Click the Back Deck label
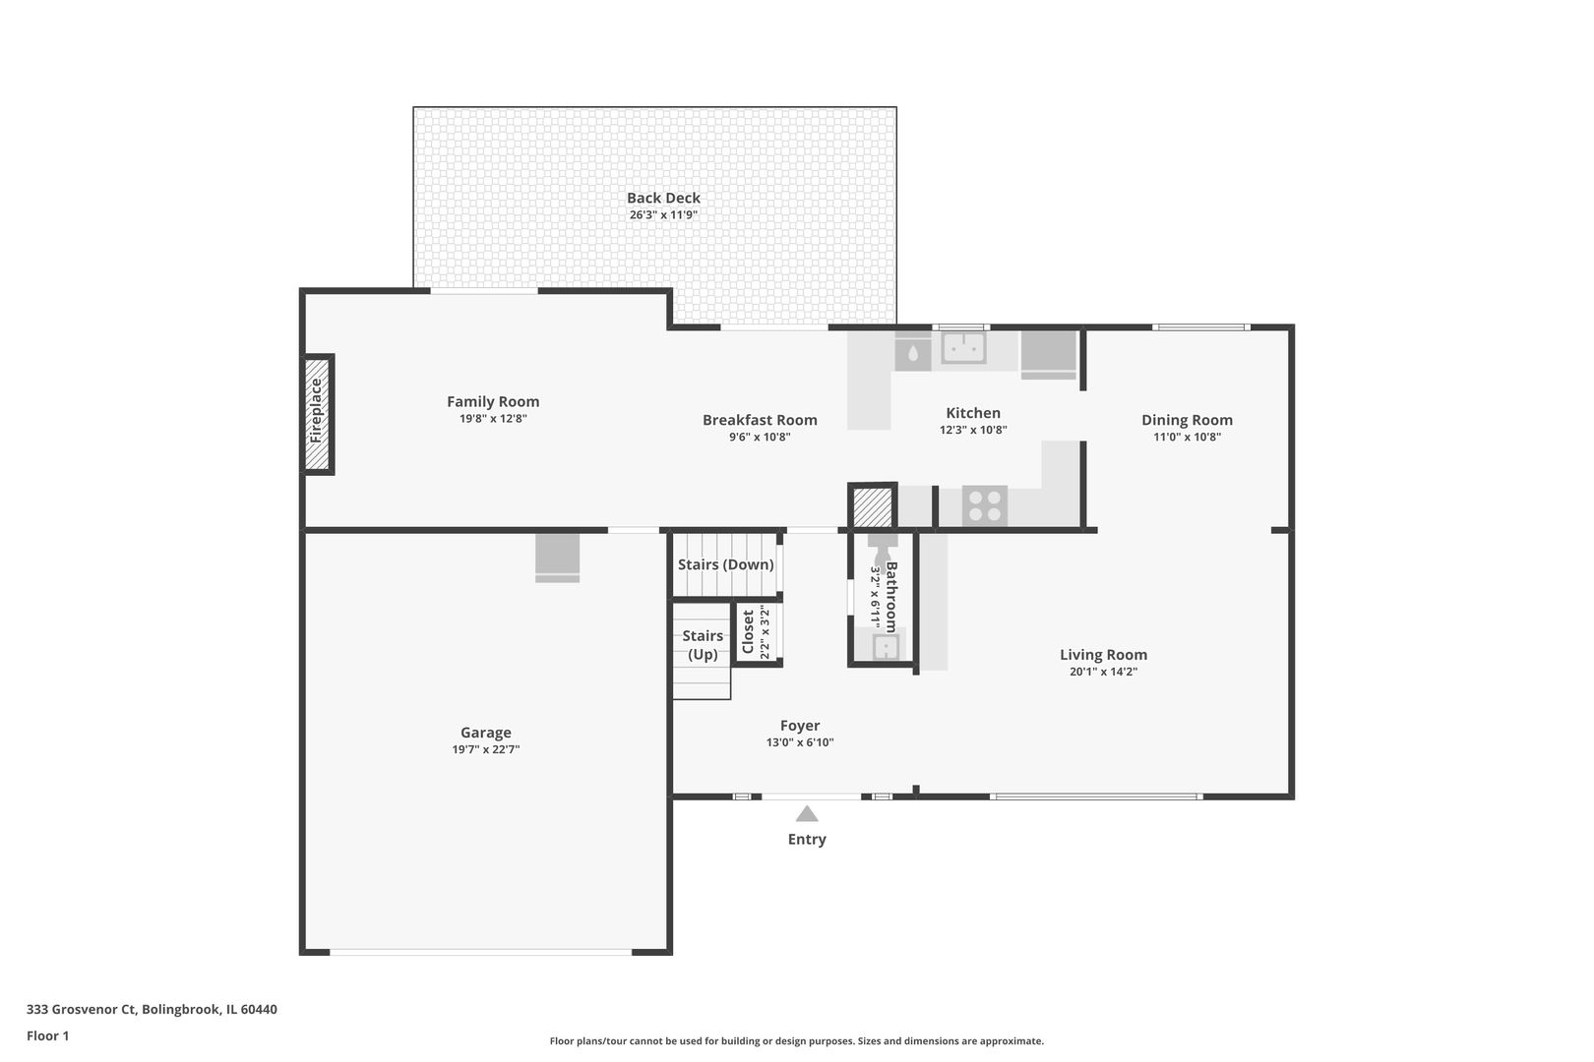663,198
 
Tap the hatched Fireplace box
318,414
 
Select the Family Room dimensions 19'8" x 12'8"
493,418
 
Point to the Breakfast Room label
760,420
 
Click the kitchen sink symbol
963,348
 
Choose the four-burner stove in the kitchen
985,505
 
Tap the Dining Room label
1187,420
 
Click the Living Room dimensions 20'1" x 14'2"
1104,672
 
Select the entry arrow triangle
806,813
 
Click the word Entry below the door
807,840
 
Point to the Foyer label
800,726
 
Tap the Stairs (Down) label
726,564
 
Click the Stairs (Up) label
703,645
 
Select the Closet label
748,631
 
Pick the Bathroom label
891,598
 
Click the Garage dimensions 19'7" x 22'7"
486,749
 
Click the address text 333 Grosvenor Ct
81,1009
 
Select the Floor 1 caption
47,1035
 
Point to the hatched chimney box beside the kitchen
873,506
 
